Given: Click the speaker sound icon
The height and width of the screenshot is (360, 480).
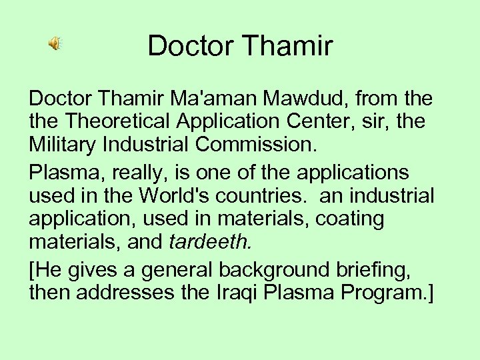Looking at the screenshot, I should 54,44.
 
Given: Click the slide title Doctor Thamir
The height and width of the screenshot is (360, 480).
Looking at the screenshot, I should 240,45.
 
